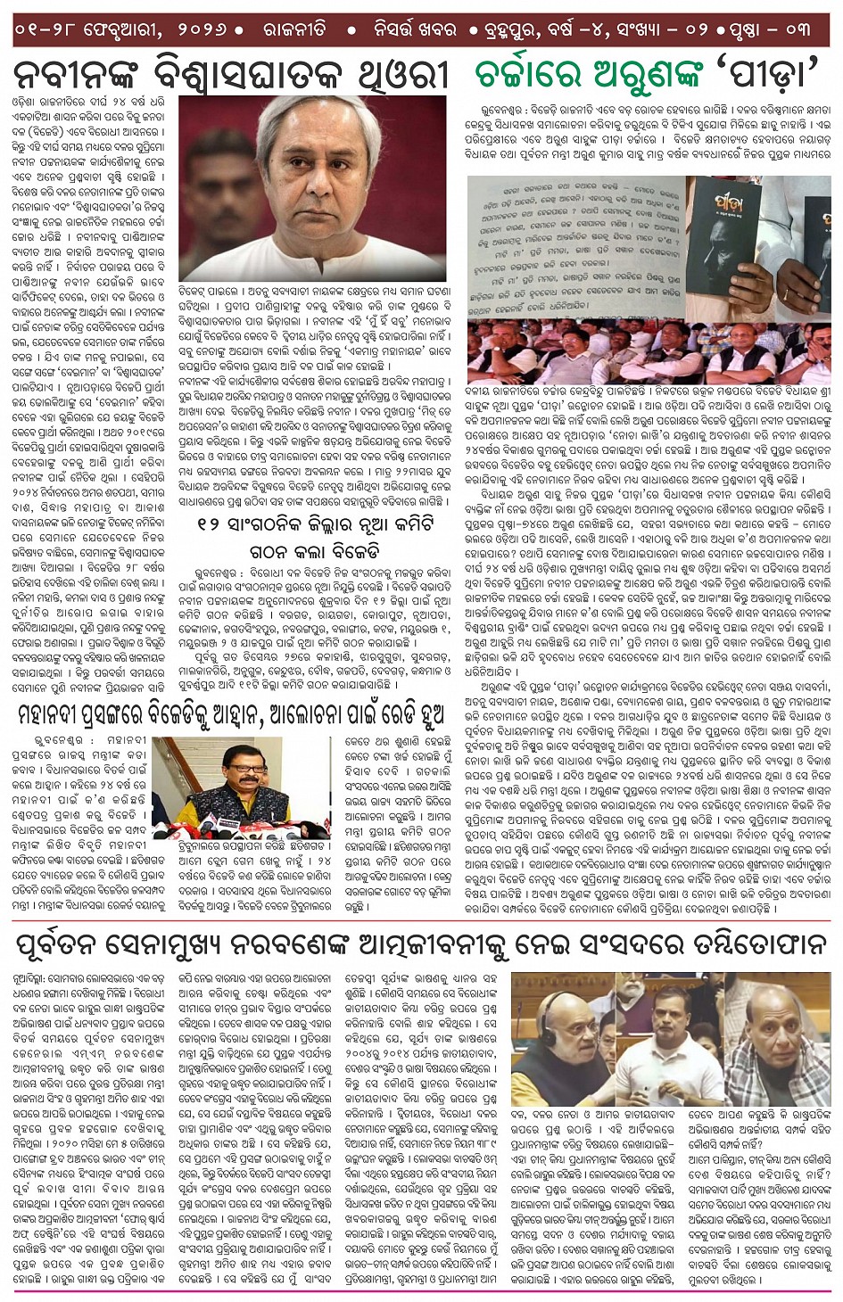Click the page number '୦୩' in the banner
[x=799, y=29]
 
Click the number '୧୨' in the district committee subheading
[x=213, y=523]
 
